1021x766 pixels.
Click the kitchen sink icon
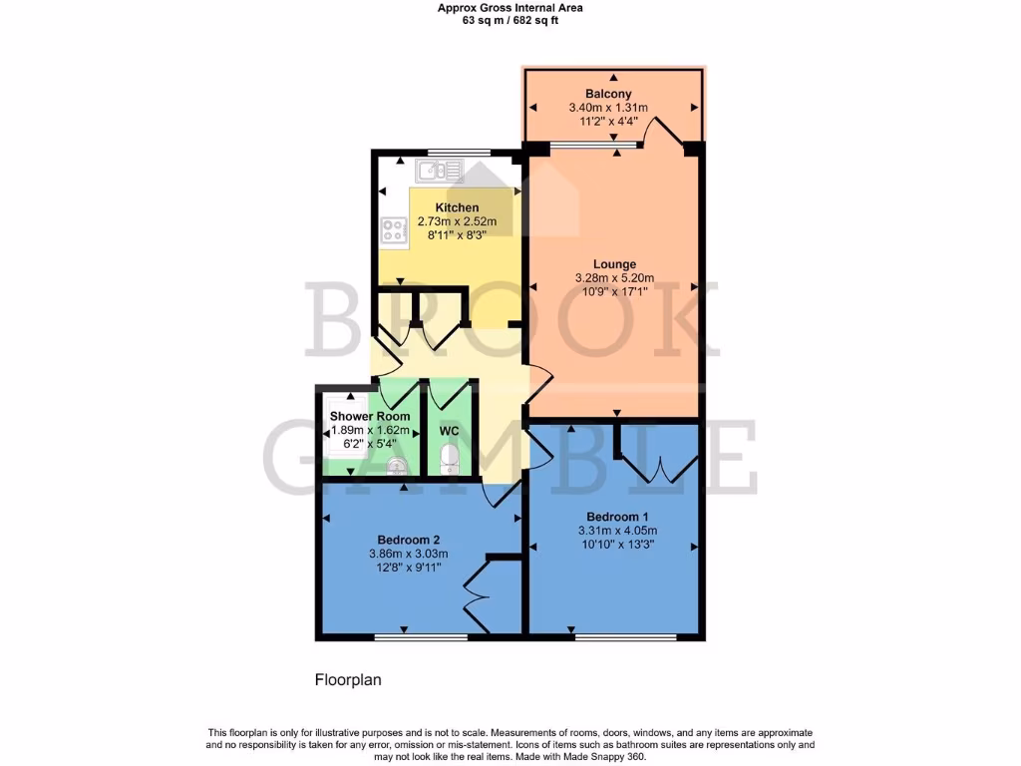(439, 172)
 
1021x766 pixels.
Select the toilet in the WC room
(449, 459)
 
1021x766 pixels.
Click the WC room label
(450, 431)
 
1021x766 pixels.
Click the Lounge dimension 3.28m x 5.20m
(614, 278)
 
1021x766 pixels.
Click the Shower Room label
(370, 416)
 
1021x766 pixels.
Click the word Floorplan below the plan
(348, 680)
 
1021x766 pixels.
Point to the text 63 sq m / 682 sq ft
(510, 20)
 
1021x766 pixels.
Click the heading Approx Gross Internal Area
(510, 8)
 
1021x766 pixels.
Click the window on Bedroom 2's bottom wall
(421, 636)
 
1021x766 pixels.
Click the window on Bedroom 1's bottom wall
(625, 636)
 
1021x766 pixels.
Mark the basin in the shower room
(397, 465)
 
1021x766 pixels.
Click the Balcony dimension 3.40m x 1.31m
(608, 108)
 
